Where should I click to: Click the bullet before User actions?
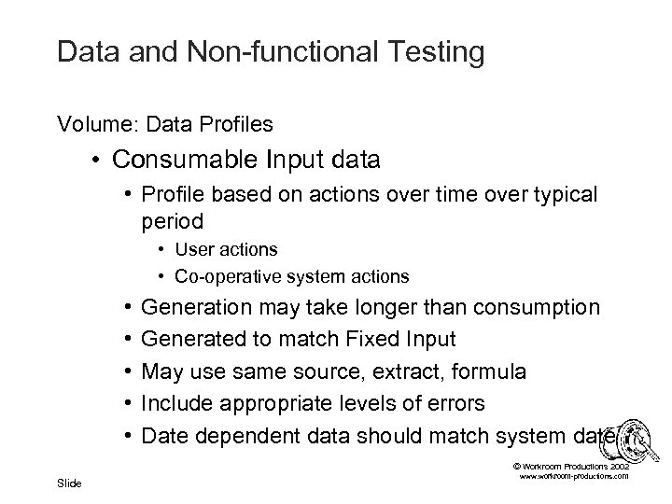pyautogui.click(x=162, y=251)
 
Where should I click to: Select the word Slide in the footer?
pyautogui.click(x=68, y=483)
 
